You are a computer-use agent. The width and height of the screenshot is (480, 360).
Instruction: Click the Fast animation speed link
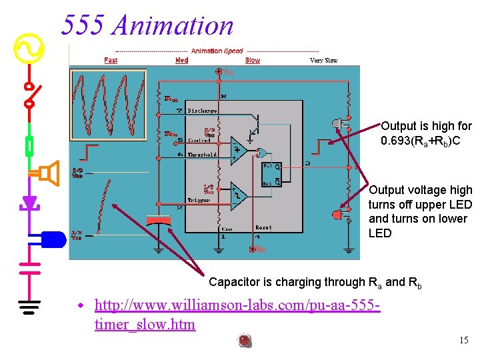tap(111, 61)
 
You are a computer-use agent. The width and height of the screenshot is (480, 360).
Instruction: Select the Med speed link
tap(181, 61)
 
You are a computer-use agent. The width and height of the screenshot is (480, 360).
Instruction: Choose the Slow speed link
tap(253, 61)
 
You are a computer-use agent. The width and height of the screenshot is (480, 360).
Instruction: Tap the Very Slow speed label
tap(323, 61)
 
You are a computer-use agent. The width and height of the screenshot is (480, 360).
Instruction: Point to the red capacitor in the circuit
tap(159, 220)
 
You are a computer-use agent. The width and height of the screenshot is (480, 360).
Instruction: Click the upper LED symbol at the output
tap(340, 124)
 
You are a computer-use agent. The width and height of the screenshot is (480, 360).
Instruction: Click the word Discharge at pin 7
tap(202, 111)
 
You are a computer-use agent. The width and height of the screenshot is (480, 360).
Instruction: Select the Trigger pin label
tap(198, 199)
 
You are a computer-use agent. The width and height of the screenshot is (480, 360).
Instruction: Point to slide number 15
tap(463, 341)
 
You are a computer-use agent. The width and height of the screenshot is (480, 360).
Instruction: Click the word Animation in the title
tap(173, 25)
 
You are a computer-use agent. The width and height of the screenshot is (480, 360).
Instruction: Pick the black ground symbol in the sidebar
tap(29, 307)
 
